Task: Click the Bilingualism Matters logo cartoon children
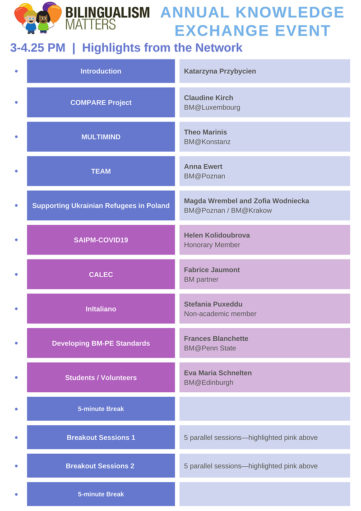coord(38,18)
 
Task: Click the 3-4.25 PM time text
coord(38,48)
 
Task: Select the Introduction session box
coord(101,71)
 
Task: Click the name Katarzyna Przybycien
coord(220,71)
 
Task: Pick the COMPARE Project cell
coord(101,102)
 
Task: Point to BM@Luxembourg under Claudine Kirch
coord(212,107)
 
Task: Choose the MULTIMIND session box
coord(101,137)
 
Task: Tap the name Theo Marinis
coord(205,132)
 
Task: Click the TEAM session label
coord(101,171)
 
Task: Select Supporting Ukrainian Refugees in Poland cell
coord(101,206)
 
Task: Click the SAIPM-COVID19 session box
coord(101,240)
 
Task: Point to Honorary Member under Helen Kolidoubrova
coord(212,245)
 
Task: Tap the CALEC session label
coord(101,274)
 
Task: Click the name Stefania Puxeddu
coord(213,304)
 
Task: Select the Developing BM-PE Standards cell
coord(101,343)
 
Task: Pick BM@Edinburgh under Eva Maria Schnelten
coord(208,382)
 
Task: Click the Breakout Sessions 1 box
coord(101,437)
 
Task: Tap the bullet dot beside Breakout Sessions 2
coord(16,466)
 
